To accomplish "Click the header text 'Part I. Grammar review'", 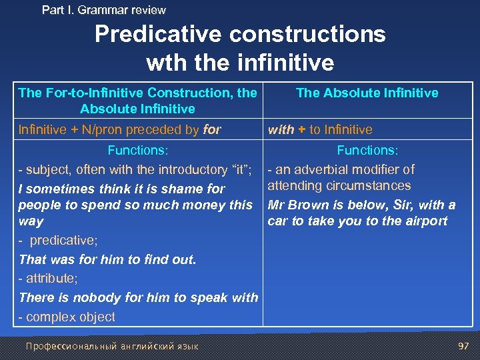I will click(103, 10).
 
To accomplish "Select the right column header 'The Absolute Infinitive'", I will click(367, 93).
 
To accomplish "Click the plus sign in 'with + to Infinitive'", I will click(301, 130).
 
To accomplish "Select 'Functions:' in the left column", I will click(138, 151).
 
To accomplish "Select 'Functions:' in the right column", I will click(367, 151).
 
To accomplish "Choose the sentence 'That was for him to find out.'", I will click(108, 259).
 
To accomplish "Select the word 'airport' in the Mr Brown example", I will click(424, 221).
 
